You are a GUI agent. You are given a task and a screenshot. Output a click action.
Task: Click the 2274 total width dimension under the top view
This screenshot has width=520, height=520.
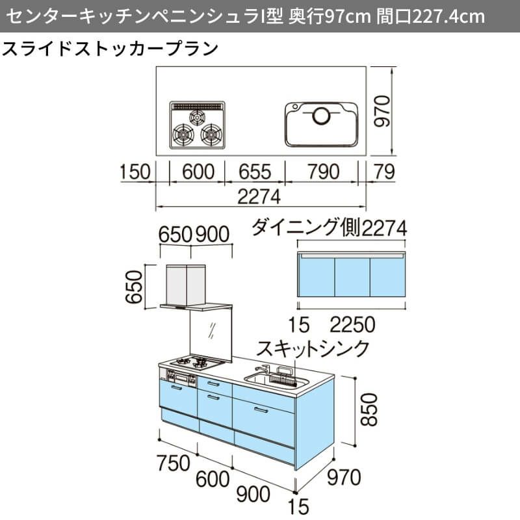point(259,197)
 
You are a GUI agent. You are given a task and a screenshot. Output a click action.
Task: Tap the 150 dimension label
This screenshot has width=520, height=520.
point(135,172)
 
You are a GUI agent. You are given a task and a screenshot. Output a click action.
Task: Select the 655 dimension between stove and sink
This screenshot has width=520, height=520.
point(254,172)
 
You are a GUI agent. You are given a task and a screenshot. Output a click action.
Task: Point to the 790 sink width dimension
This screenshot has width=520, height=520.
point(323,172)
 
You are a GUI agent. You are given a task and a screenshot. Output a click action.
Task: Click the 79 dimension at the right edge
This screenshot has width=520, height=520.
point(384,172)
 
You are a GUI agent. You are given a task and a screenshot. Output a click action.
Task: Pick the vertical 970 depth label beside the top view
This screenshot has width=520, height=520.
point(382,111)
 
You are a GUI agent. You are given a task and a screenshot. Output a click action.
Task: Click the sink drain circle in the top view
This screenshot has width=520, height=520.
point(321,116)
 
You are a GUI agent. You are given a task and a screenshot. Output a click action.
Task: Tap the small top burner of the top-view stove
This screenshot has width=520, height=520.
point(198,118)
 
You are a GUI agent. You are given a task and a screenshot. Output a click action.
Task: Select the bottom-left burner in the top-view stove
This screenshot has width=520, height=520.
point(183,135)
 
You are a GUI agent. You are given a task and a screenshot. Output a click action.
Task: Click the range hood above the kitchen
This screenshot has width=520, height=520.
point(196,287)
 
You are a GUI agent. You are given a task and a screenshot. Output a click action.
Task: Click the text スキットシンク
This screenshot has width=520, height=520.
point(313,348)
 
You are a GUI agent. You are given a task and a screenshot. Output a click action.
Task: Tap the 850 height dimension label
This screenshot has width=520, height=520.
point(369,410)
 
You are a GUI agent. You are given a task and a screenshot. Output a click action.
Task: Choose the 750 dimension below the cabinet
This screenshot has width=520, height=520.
point(174,463)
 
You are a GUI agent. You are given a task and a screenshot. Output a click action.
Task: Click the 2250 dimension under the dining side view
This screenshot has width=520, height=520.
point(352,324)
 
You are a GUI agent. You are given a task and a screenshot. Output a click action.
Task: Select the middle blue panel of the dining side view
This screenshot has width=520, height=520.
point(352,278)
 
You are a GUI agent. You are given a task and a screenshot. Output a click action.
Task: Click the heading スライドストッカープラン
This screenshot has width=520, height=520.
point(110,49)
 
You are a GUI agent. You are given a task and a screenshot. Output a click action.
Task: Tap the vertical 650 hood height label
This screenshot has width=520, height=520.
point(134,287)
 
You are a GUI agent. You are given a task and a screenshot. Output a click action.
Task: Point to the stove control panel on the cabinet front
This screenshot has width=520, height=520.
point(181,378)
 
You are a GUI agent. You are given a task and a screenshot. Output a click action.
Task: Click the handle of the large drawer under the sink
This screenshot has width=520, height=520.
point(261,410)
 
